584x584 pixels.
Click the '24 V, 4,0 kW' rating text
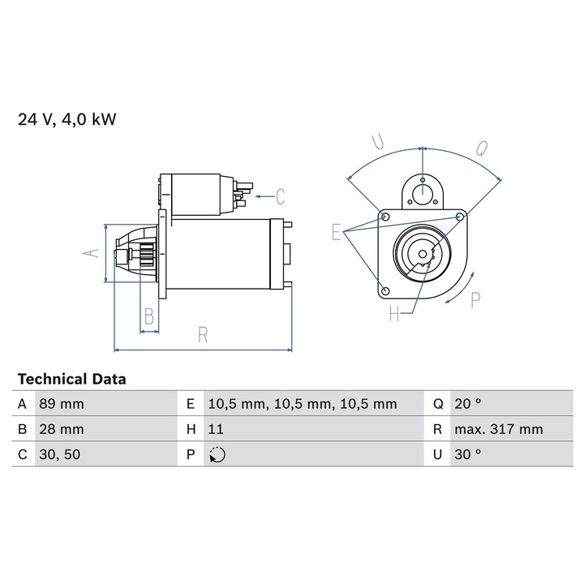67,119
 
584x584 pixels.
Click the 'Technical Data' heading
72,379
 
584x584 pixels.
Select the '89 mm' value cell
106,404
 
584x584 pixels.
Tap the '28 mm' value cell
106,429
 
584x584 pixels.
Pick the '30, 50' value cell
106,454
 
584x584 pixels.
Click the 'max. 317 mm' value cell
511,429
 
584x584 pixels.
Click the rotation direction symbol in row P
217,455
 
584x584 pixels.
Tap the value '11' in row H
216,429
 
